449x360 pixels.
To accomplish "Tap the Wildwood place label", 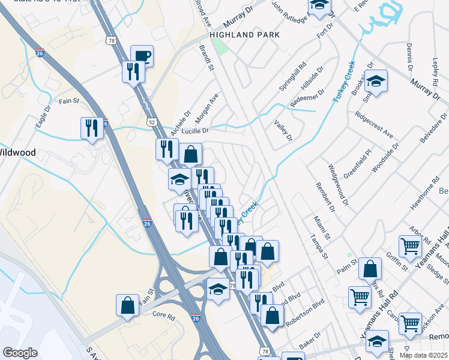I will point(17,152).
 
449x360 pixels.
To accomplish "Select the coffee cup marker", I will point(142,57).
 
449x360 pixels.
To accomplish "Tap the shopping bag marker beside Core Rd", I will point(128,305).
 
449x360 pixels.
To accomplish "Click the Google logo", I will point(19,353).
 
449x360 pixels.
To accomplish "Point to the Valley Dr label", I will point(282,130).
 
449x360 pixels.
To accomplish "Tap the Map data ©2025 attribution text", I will point(423,355).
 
